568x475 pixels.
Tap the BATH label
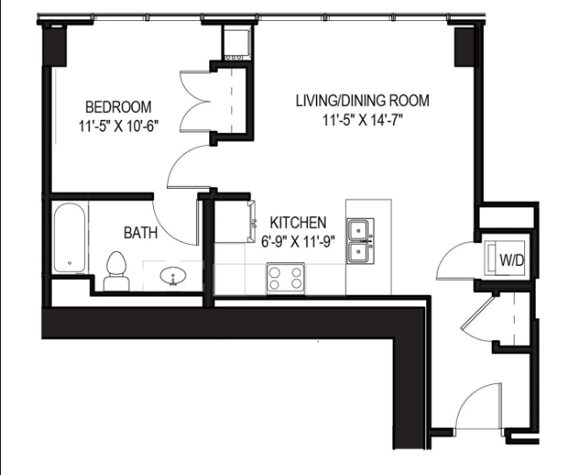click(x=140, y=233)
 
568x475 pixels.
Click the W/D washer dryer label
click(x=510, y=260)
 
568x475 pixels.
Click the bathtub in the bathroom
click(x=69, y=238)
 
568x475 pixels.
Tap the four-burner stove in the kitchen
click(x=285, y=278)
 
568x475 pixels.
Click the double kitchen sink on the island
click(x=359, y=241)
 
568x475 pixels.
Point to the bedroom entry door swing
click(x=186, y=168)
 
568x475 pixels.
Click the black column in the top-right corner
click(x=464, y=45)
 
